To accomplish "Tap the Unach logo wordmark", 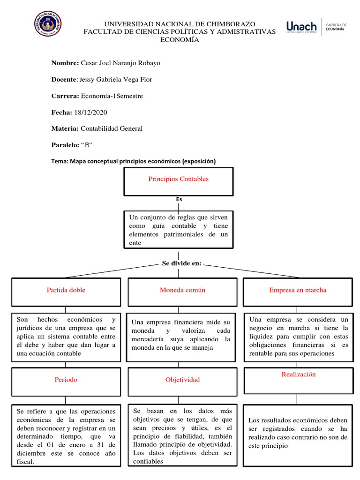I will point(301,27).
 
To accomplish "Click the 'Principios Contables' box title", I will point(178,179).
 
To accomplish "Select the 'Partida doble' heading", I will point(66,290).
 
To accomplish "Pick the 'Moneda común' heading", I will point(182,290).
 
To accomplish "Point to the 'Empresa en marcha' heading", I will point(298,290).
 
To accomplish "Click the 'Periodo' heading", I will point(66,380).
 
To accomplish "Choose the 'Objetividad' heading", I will point(182,380).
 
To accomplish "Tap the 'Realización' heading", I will point(299,375).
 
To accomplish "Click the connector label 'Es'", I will point(179,199).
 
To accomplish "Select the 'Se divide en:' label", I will point(181,263).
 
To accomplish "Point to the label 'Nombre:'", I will point(65,63).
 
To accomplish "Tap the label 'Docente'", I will point(63,80).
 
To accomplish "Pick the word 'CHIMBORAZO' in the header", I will point(229,23).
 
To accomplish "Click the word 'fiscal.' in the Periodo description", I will point(25,462).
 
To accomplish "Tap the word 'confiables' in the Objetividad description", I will point(148,461).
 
